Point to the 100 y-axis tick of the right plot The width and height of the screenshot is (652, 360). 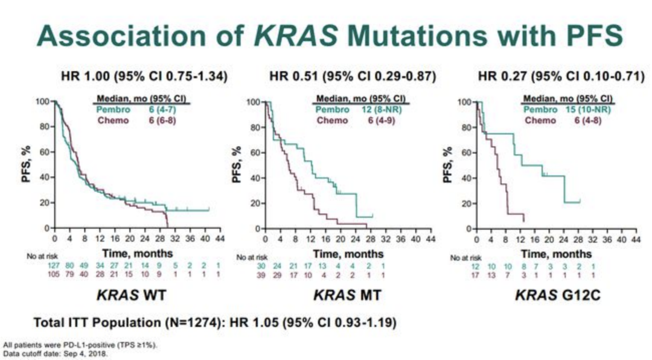tap(463, 102)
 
